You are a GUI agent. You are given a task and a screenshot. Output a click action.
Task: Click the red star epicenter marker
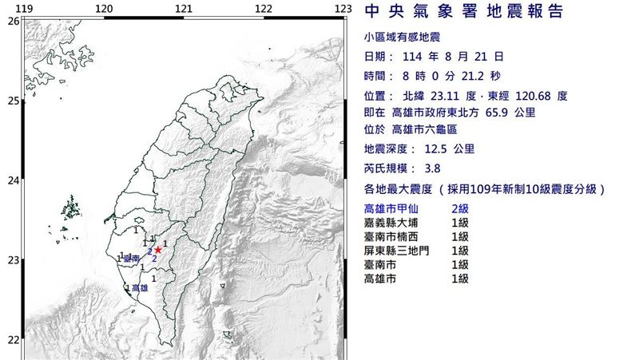click(158, 250)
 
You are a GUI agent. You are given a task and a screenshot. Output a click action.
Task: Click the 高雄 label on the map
click(139, 287)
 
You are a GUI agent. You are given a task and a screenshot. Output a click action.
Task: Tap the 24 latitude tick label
click(13, 180)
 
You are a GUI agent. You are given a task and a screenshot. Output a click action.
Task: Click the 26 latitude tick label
click(13, 21)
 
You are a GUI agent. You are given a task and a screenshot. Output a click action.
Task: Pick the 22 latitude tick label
click(13, 340)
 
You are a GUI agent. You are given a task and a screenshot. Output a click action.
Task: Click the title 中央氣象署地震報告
click(463, 12)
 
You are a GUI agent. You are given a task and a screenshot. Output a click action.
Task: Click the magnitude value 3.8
click(433, 168)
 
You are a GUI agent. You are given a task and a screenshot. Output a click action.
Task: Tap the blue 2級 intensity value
click(460, 208)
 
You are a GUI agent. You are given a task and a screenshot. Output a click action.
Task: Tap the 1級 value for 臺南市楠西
click(460, 236)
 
